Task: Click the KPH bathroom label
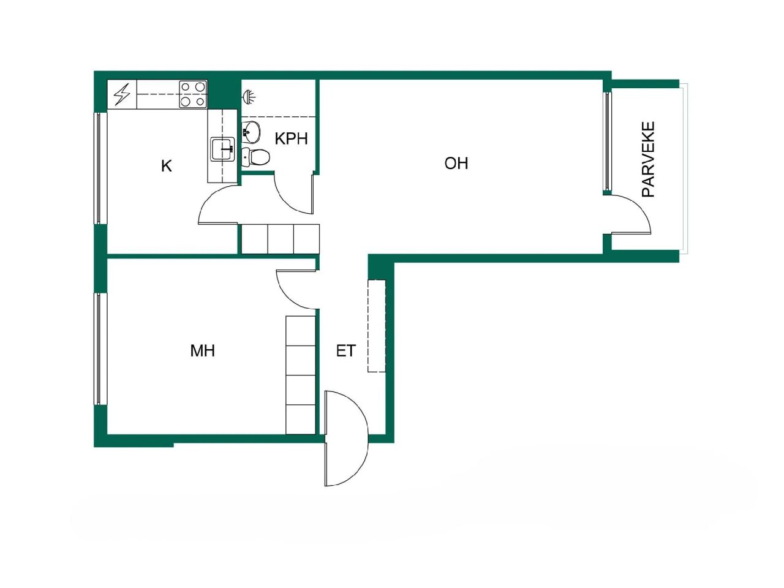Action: tap(291, 138)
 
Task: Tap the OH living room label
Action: tap(456, 163)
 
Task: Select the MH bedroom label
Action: tap(202, 350)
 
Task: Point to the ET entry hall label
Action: tap(345, 350)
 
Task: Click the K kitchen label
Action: tap(166, 166)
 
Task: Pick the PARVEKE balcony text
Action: tap(648, 159)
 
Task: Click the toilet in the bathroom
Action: tap(255, 157)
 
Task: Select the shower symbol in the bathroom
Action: tap(249, 96)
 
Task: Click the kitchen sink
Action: tap(223, 149)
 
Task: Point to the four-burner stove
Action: tap(192, 95)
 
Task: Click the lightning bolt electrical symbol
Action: tap(123, 95)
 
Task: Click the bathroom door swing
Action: tap(293, 194)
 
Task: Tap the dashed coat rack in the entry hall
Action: tap(376, 326)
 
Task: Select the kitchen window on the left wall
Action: tap(97, 168)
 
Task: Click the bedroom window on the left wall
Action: tap(97, 349)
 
